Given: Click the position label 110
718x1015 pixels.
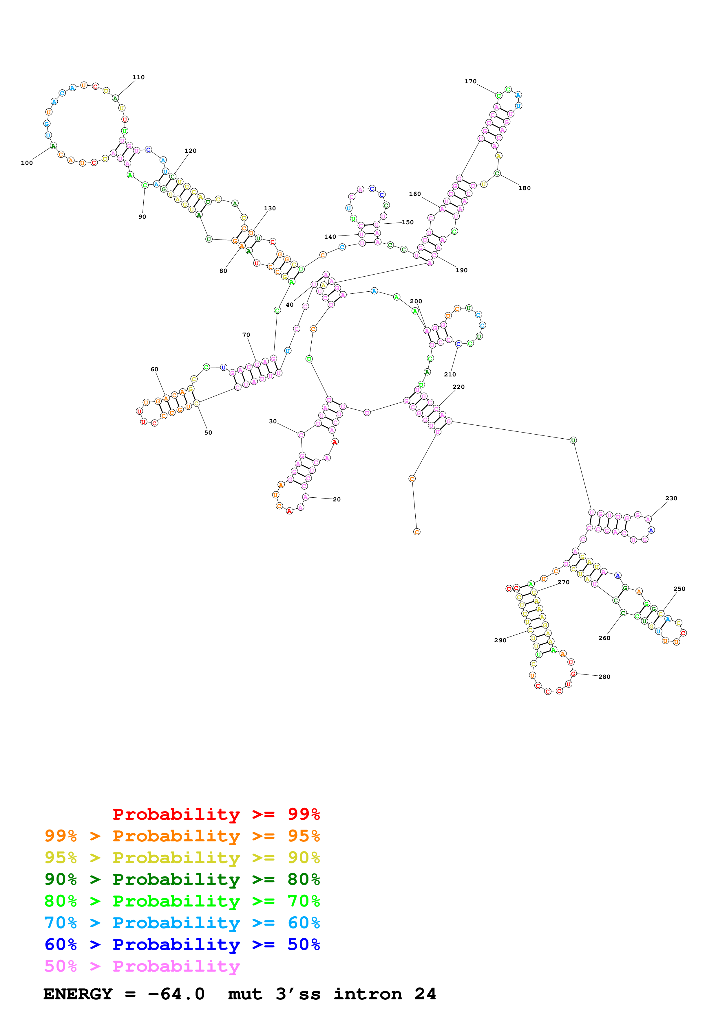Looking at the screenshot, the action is point(138,77).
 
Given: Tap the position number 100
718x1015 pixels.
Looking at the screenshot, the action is point(27,163).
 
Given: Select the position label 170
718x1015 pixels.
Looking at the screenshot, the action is point(470,81).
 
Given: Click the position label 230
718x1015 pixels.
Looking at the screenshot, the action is point(671,498).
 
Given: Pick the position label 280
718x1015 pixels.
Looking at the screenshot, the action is point(604,677).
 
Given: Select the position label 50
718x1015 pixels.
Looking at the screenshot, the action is point(208,433).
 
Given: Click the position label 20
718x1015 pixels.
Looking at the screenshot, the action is point(337,499).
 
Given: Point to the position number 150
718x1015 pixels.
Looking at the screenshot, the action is point(408,223).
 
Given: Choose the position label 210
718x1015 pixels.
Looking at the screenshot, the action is point(450,374).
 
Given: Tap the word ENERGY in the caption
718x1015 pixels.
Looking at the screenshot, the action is point(78,994).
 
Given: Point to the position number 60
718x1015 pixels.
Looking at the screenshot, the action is point(154,369).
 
